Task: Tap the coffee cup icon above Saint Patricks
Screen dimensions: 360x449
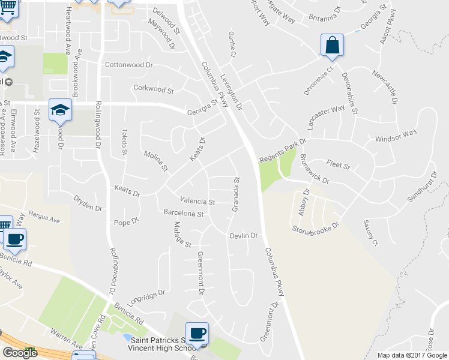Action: pyautogui.click(x=197, y=334)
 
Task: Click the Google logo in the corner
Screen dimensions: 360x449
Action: pyautogui.click(x=20, y=353)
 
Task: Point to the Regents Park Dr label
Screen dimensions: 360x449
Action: pyautogui.click(x=283, y=150)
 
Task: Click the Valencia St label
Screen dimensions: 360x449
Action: pyautogui.click(x=197, y=201)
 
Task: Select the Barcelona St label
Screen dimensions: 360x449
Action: pyautogui.click(x=184, y=213)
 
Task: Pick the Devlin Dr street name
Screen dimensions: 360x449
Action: pyautogui.click(x=243, y=236)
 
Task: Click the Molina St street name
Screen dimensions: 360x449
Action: pyautogui.click(x=155, y=161)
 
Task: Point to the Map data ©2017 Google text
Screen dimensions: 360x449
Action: pyautogui.click(x=411, y=355)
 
